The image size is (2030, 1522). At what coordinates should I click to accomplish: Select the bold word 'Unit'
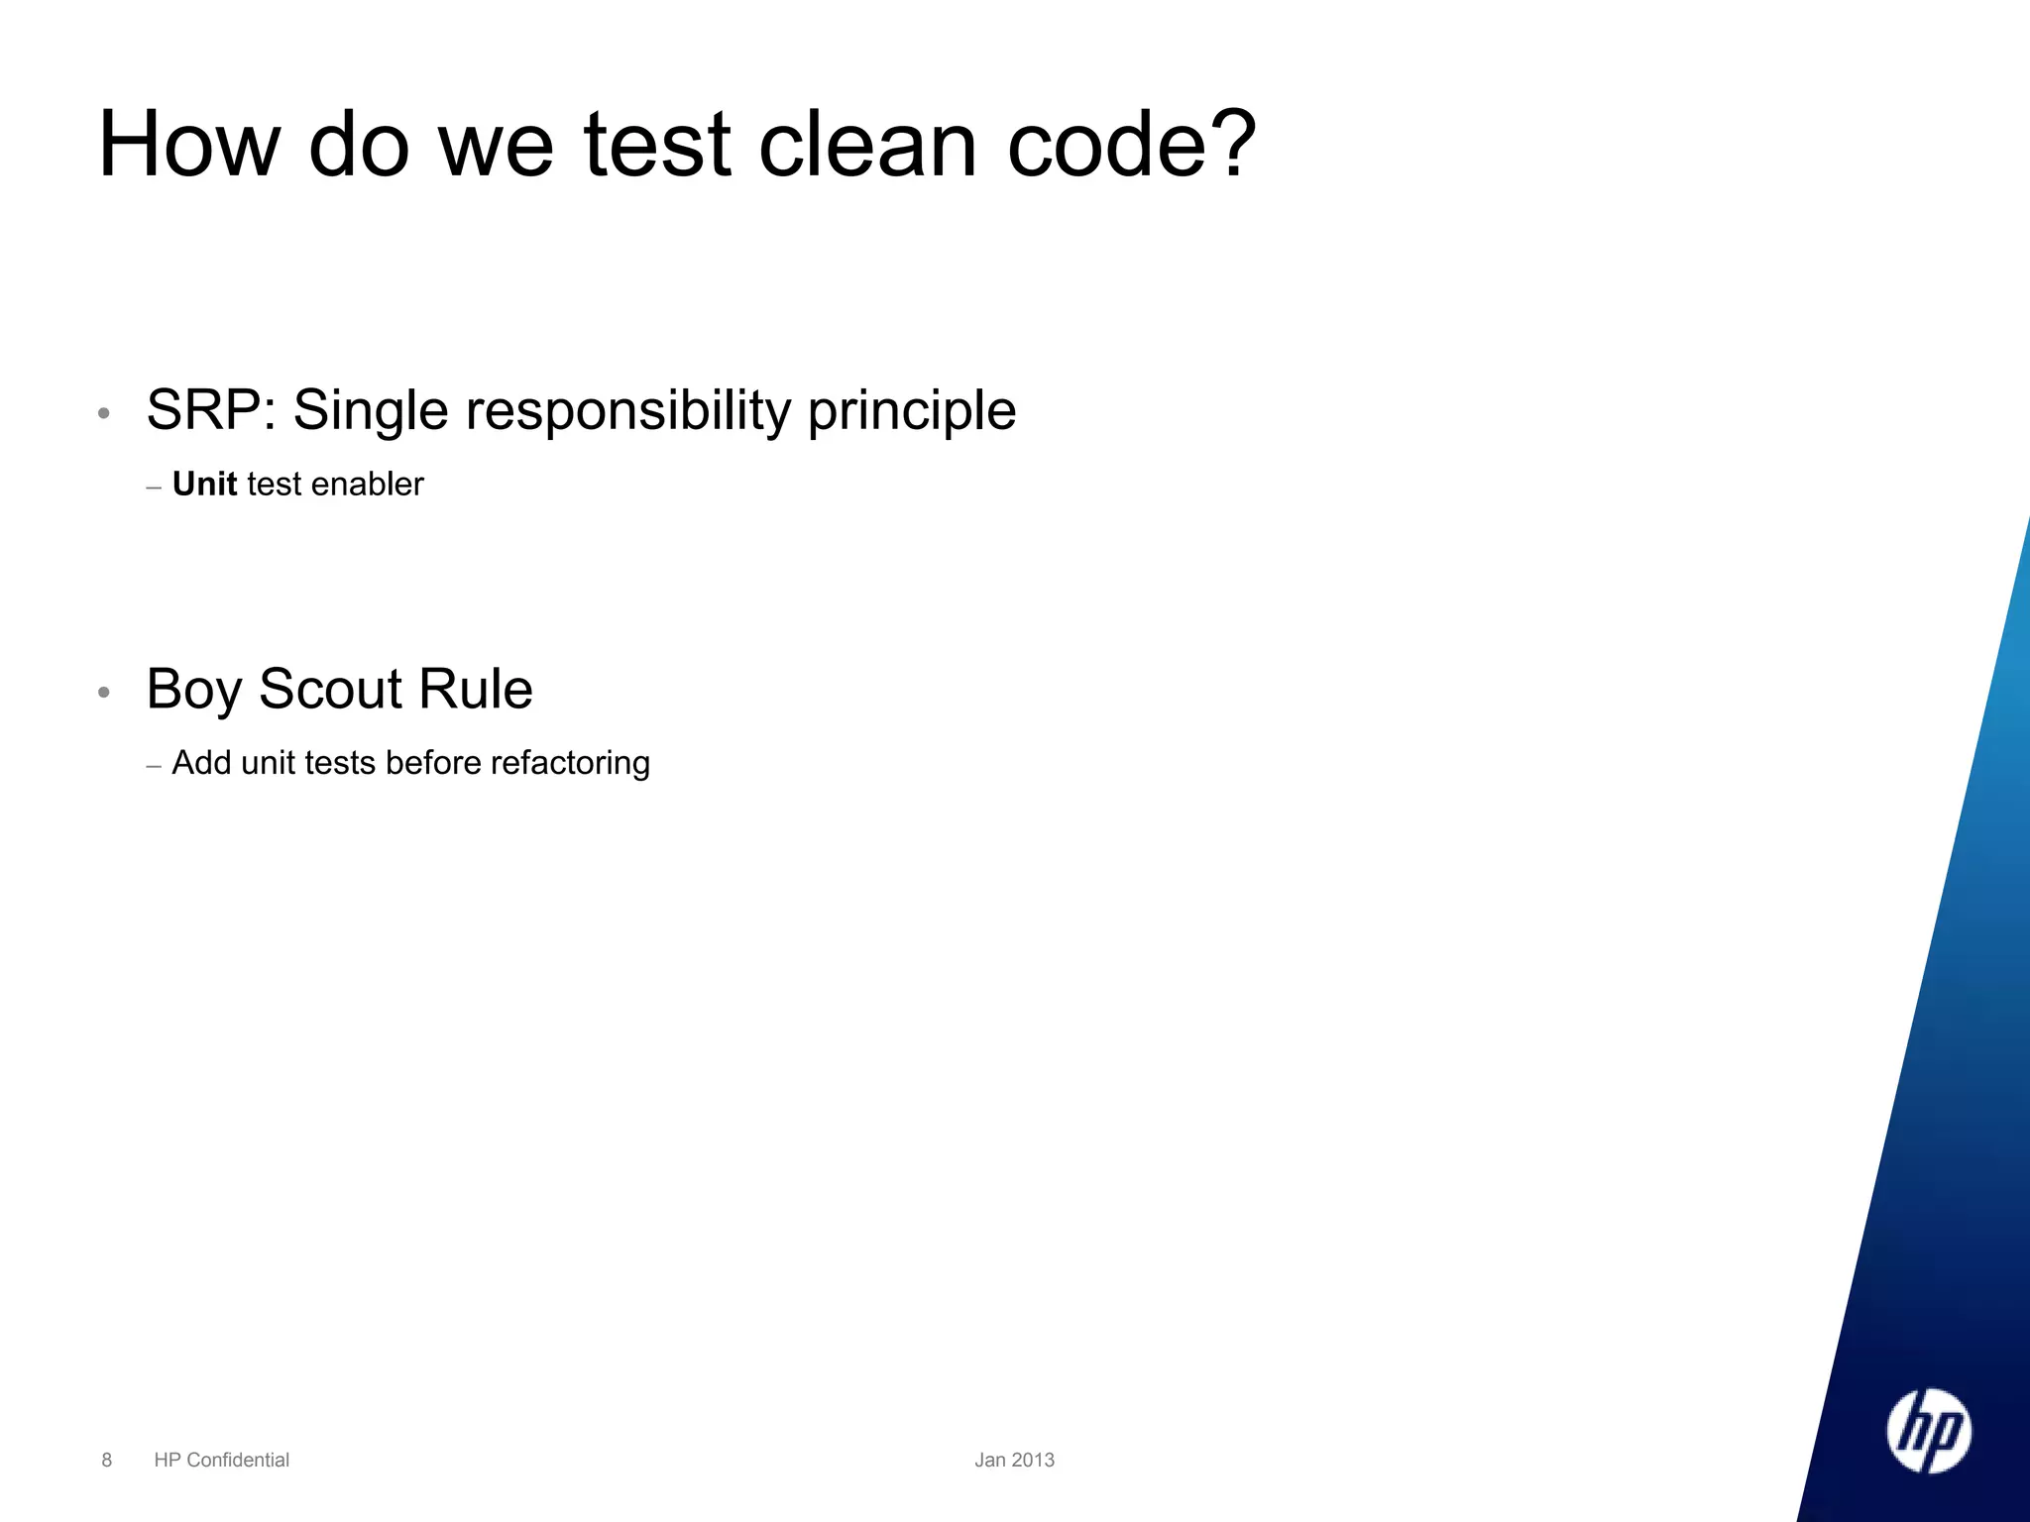pyautogui.click(x=204, y=484)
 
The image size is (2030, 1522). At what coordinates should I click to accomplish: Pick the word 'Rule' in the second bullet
pyautogui.click(x=476, y=689)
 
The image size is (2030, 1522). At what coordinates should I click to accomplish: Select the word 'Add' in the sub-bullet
pyautogui.click(x=201, y=763)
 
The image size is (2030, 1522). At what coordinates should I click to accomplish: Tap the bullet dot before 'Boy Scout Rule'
pyautogui.click(x=104, y=692)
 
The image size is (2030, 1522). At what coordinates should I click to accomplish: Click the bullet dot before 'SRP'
pyautogui.click(x=104, y=413)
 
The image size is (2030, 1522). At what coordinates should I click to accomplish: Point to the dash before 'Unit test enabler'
pyautogui.click(x=154, y=488)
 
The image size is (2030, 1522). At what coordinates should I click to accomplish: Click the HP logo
pyautogui.click(x=1928, y=1431)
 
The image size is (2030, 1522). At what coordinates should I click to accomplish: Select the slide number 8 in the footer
pyautogui.click(x=107, y=1460)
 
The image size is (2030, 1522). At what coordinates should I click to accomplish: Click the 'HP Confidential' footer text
pyautogui.click(x=222, y=1460)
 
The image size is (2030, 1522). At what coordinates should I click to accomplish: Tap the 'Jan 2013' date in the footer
pyautogui.click(x=1014, y=1460)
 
